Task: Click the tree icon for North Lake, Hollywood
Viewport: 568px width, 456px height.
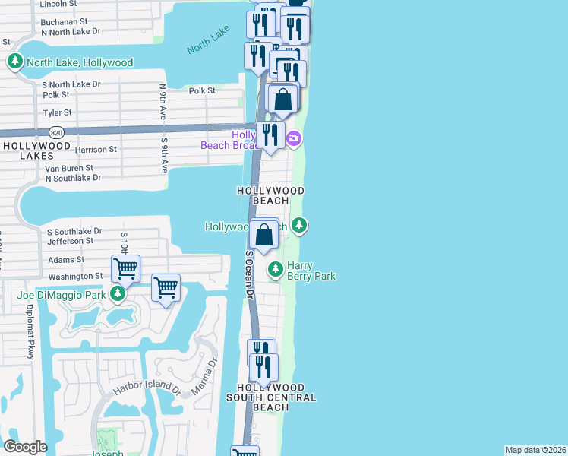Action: click(14, 62)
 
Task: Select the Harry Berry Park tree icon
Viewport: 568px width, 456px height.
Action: click(275, 269)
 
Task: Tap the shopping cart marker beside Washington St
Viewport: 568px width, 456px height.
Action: click(125, 268)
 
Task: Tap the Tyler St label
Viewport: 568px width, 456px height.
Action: click(57, 112)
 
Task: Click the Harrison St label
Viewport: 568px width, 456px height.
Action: click(96, 150)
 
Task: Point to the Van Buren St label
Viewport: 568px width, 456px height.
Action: click(68, 168)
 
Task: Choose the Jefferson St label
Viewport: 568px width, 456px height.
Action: click(70, 241)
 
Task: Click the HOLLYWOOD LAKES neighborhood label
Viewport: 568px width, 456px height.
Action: click(36, 150)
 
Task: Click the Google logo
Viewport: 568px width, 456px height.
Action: click(25, 447)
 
